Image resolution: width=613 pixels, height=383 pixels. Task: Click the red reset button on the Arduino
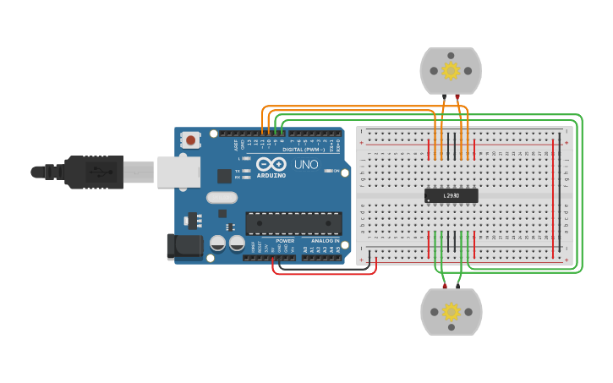192,140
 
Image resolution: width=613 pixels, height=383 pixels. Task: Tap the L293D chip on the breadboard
451,196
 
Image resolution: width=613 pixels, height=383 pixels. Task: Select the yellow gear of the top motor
451,70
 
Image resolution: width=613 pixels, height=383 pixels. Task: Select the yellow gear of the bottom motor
451,312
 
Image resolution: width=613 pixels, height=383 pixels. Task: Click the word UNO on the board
305,164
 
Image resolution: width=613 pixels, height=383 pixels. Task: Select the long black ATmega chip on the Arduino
293,223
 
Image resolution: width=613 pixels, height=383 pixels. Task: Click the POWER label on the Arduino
284,241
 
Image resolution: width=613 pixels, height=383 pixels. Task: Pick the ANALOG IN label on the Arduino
325,241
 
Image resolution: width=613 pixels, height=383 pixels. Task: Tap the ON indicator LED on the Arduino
326,171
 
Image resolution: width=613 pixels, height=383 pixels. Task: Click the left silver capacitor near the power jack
217,243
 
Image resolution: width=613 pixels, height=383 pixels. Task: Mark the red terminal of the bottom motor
445,287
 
